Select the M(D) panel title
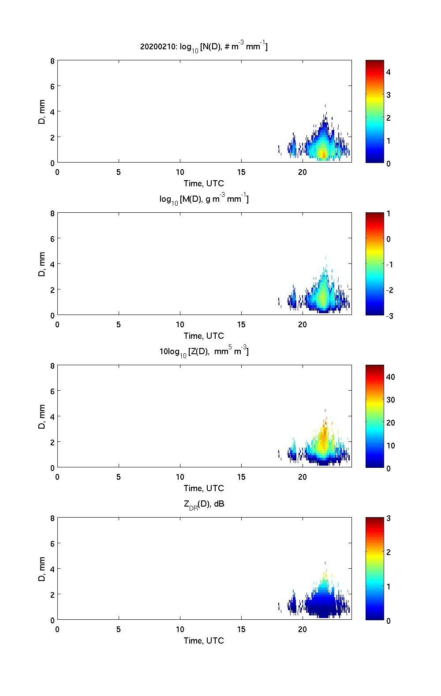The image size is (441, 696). [x=204, y=199]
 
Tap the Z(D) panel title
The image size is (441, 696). [x=204, y=352]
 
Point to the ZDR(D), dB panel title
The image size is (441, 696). [x=204, y=504]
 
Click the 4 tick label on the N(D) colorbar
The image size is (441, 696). [x=389, y=72]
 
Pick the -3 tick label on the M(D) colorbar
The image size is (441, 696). [x=390, y=315]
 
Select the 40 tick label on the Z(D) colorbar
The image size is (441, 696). [x=390, y=377]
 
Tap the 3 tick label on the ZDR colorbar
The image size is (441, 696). [x=389, y=518]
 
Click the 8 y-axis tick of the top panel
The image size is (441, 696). [x=52, y=61]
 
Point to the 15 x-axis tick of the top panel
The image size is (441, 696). [x=241, y=172]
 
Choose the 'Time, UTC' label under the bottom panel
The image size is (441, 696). [x=204, y=640]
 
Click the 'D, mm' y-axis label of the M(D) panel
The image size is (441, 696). [x=42, y=264]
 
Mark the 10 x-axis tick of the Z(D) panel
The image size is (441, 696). [x=180, y=477]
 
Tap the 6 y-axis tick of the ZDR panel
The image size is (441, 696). [x=52, y=544]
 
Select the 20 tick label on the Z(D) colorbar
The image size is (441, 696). [x=390, y=423]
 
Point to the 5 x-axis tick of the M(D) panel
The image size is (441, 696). [x=119, y=325]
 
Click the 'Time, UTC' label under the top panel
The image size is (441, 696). [x=204, y=183]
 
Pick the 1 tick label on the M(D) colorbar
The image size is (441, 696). [x=389, y=214]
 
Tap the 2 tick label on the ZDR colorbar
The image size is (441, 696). [x=389, y=552]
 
